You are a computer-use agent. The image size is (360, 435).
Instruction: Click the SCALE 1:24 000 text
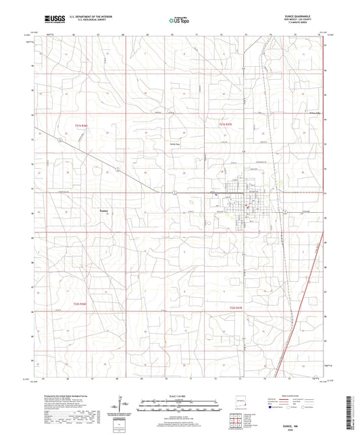(x=180, y=395)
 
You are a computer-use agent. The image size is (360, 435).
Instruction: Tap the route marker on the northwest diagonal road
(x=61, y=140)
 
